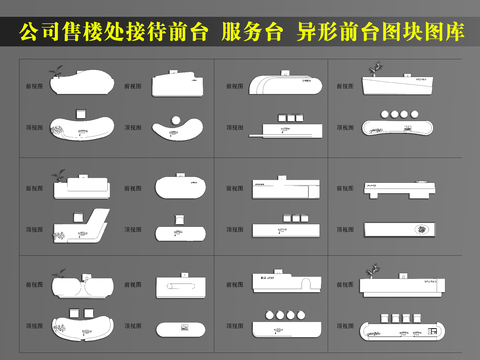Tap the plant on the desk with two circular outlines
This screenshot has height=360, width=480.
[57, 268]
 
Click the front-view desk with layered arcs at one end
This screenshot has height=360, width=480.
[286, 84]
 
